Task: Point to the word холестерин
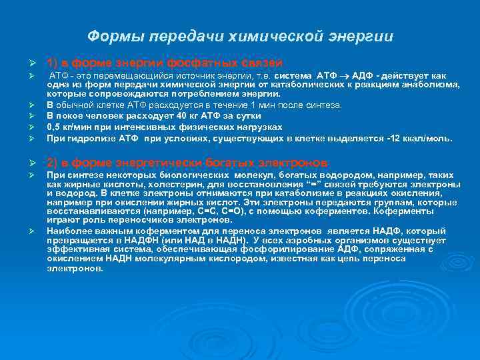tap(159, 185)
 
